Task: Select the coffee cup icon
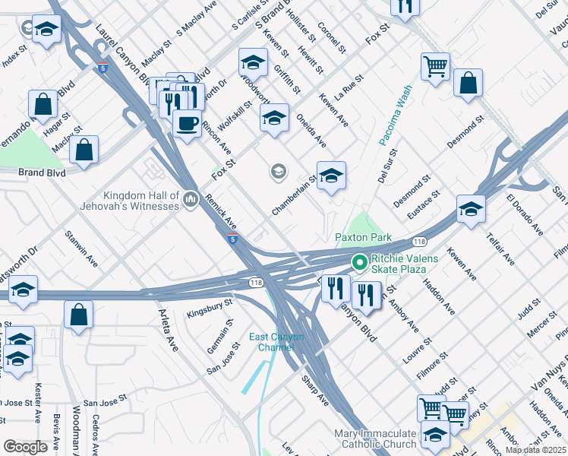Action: [186, 122]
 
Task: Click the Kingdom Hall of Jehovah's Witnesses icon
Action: [190, 200]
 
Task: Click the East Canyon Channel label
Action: [276, 342]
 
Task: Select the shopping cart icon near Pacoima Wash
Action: [435, 66]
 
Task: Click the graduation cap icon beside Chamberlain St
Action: [331, 176]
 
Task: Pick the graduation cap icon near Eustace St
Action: [471, 209]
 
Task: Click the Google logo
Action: [25, 447]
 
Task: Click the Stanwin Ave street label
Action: [81, 249]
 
